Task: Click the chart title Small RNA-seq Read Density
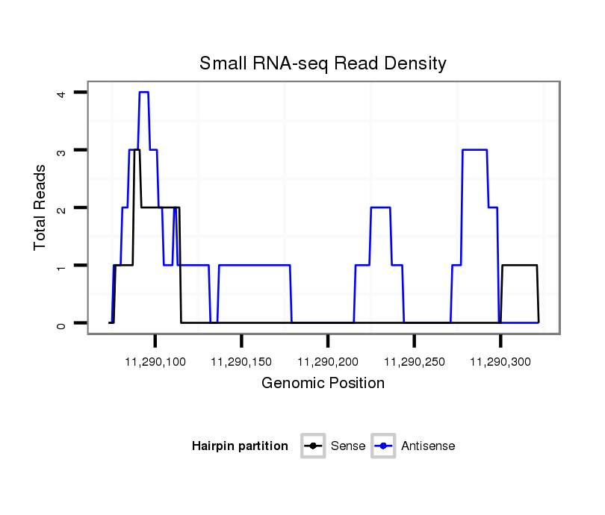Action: click(323, 63)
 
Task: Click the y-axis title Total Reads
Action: click(40, 207)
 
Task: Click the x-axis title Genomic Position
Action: click(323, 384)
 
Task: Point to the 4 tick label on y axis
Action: click(62, 93)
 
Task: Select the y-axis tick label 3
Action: click(62, 150)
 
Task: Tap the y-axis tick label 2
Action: click(62, 207)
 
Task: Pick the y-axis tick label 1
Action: click(62, 266)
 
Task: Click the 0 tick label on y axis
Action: click(62, 323)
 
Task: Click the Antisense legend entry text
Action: click(428, 446)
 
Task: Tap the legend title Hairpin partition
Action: click(240, 446)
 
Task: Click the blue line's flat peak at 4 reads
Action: click(144, 92)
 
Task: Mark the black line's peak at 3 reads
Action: click(137, 150)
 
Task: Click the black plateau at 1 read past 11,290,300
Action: click(519, 265)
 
